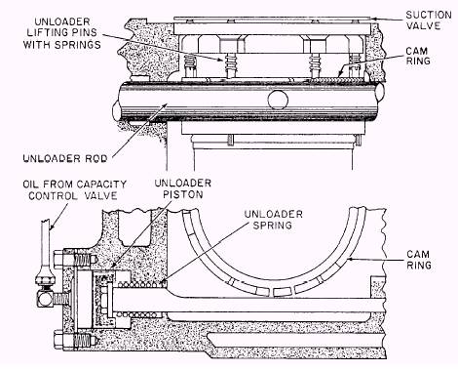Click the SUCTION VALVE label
point(429,21)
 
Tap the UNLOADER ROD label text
point(65,159)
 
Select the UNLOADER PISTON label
point(183,188)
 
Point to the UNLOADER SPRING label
point(274,220)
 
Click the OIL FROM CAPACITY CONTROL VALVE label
point(74,189)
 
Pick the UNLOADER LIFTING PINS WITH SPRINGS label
point(61,33)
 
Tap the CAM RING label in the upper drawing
point(418,56)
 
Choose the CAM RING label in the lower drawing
point(419,260)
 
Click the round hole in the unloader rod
point(278,100)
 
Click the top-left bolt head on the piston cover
point(59,259)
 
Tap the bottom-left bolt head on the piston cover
point(59,340)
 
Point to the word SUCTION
point(429,15)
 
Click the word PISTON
point(183,194)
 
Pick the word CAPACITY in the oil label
point(101,185)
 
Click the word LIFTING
point(61,32)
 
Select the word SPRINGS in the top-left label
point(77,45)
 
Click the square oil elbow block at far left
point(44,298)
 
